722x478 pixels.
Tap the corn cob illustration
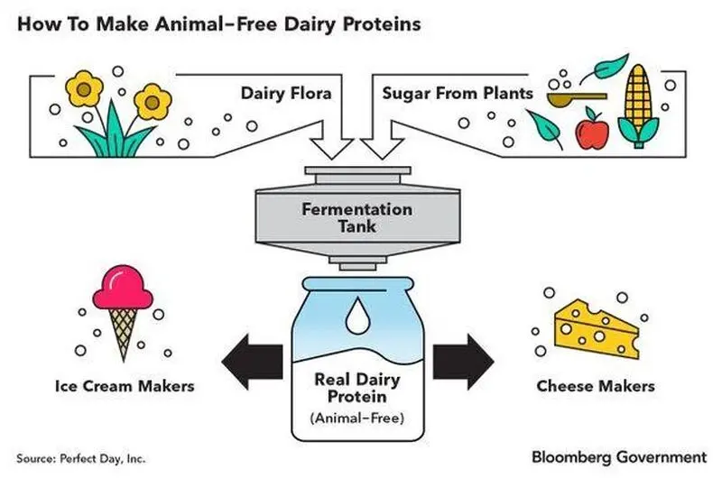pos(638,106)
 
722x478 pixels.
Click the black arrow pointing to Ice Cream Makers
pos(252,362)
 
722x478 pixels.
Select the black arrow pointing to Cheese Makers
pos(463,362)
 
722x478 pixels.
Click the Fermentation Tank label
pos(357,217)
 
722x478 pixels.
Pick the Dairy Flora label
pos(286,94)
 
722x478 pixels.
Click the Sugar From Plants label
pos(458,94)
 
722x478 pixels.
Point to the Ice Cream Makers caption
pos(125,386)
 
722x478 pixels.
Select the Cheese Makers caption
pos(596,386)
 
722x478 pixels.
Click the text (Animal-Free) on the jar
pos(357,418)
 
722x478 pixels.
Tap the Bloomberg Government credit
pos(619,457)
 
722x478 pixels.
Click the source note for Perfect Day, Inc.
pos(80,459)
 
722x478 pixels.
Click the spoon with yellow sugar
pos(577,97)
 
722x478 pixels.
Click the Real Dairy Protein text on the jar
pos(357,388)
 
